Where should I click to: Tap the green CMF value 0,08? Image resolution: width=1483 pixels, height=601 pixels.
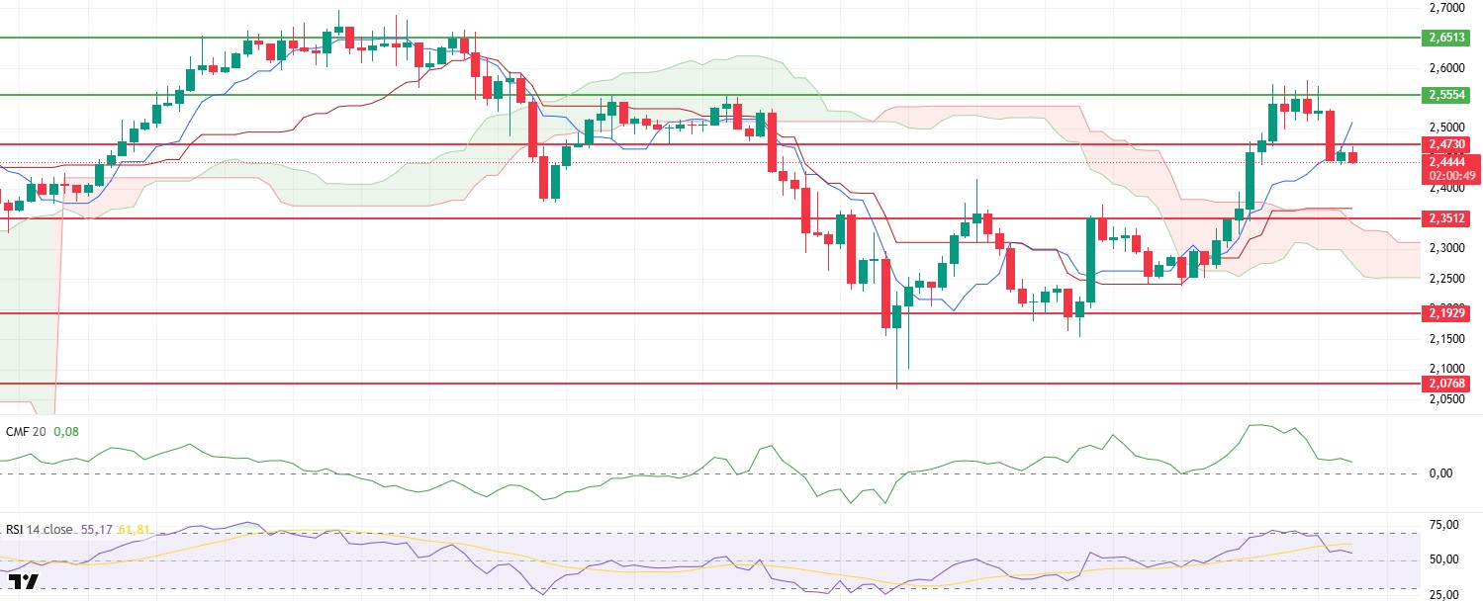pos(65,432)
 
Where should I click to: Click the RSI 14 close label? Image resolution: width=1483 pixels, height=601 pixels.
pos(40,530)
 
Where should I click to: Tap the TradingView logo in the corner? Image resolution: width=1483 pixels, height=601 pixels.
pos(23,582)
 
